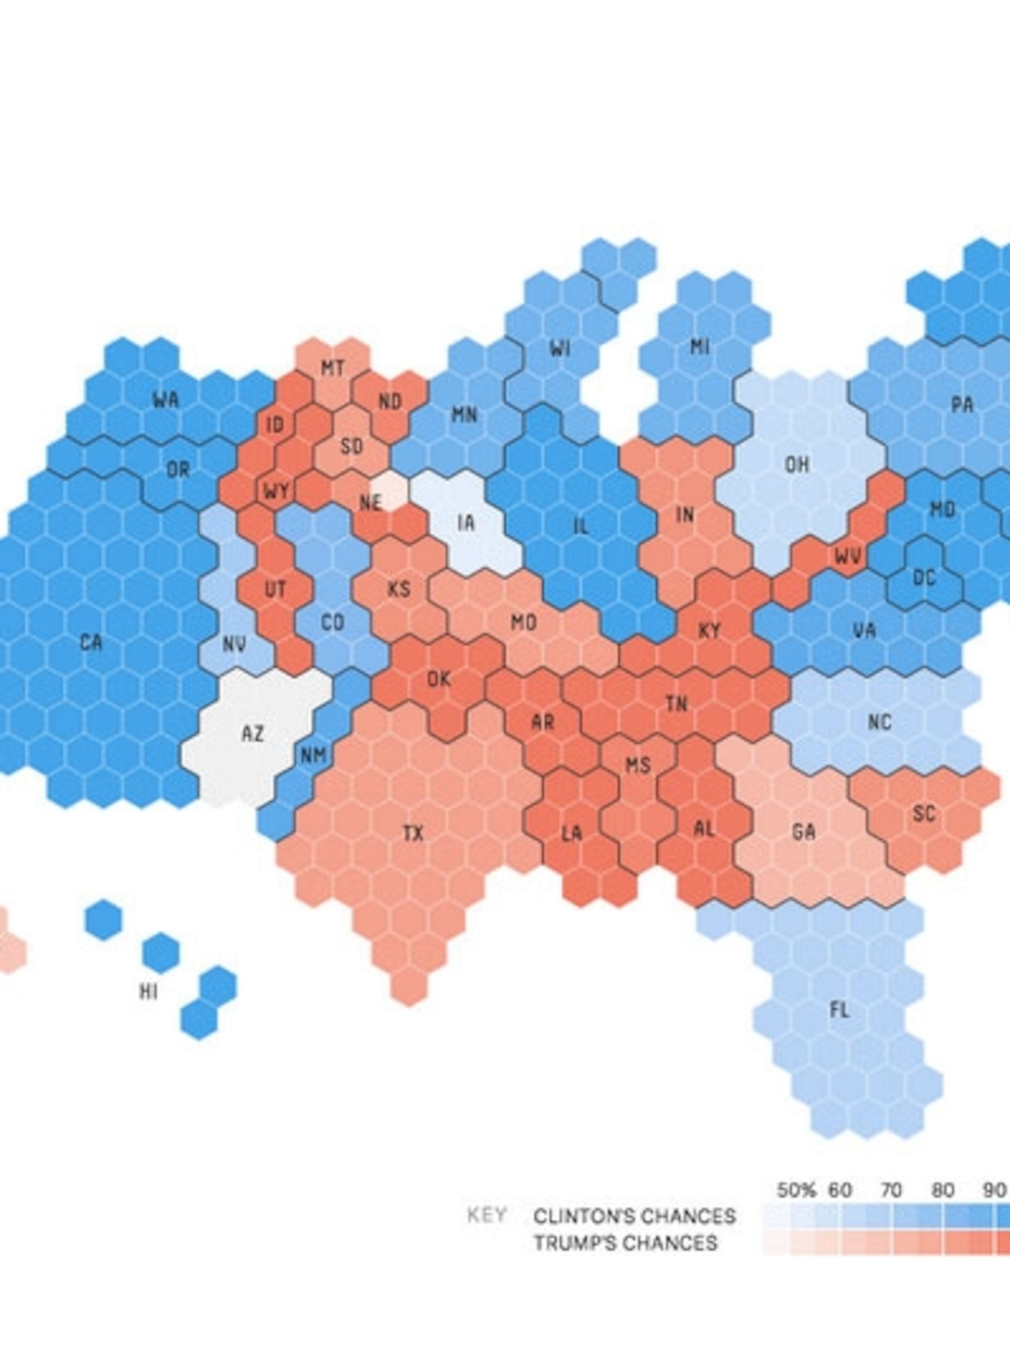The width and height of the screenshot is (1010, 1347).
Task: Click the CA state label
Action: click(x=91, y=642)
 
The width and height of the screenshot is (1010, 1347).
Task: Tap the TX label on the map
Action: click(x=413, y=833)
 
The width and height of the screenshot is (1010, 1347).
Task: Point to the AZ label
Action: click(x=253, y=734)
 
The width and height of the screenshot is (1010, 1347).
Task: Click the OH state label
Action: click(x=797, y=465)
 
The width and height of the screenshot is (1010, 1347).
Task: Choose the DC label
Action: click(x=924, y=578)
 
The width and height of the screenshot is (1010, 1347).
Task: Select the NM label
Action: click(x=313, y=755)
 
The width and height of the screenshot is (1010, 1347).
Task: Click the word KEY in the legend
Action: click(x=487, y=1215)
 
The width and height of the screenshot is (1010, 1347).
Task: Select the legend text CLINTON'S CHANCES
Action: click(x=634, y=1217)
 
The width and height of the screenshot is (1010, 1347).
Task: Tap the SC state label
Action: click(x=924, y=813)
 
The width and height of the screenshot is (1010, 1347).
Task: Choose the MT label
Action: click(x=332, y=368)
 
